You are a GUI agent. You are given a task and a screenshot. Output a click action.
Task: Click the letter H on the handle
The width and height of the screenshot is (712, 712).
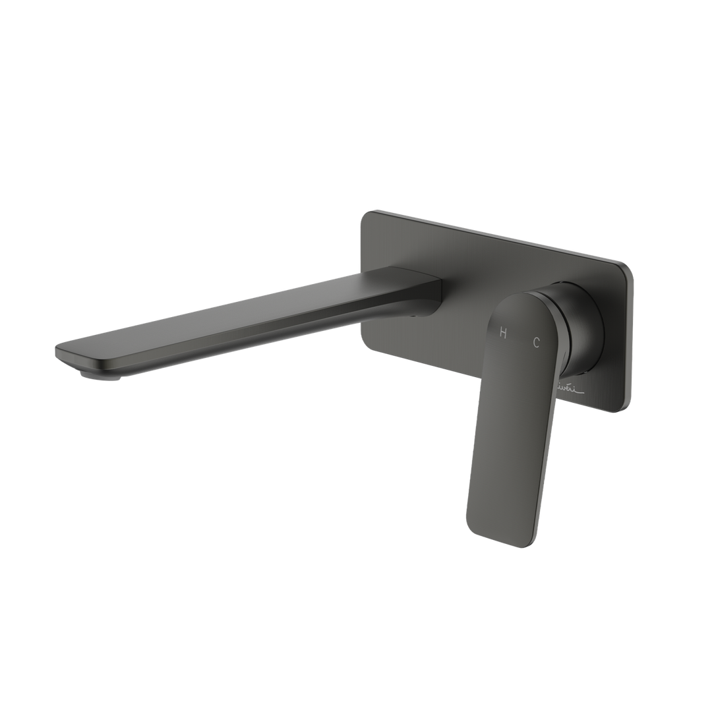[504, 333]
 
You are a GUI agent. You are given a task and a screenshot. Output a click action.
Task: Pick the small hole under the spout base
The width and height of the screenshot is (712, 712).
[415, 315]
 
